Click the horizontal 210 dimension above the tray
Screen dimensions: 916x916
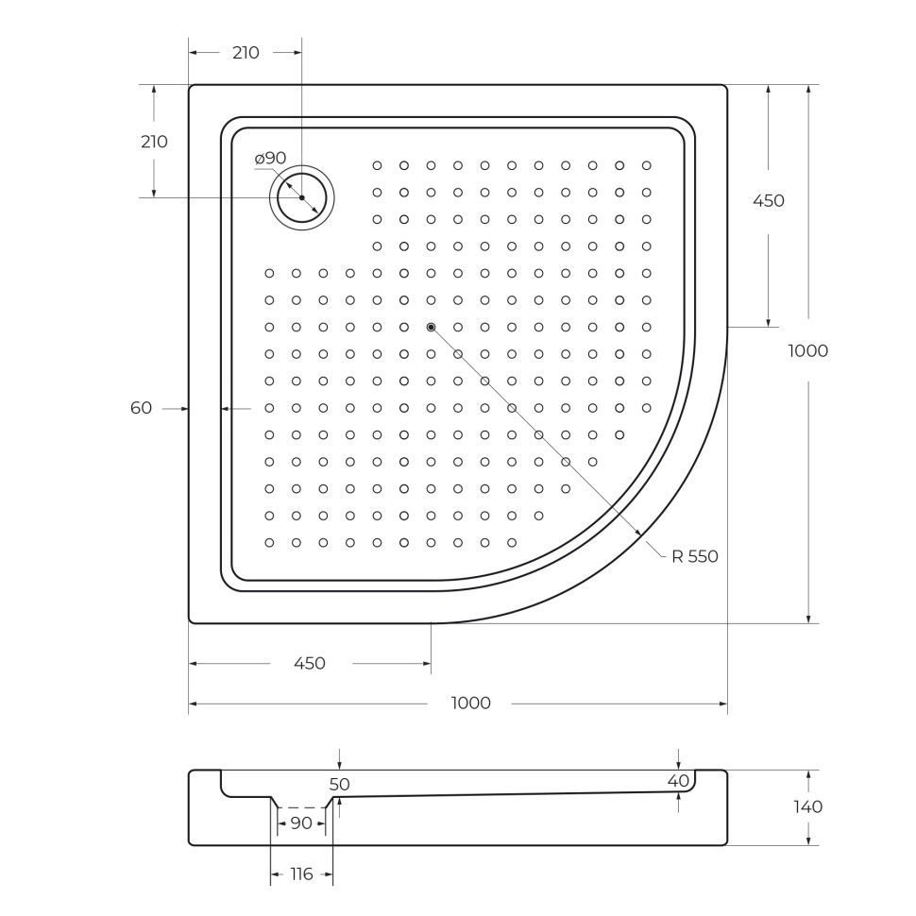246,53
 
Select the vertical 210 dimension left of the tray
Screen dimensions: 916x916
154,142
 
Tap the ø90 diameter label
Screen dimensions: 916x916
270,158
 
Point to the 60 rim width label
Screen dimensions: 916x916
141,408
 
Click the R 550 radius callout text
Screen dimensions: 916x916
695,556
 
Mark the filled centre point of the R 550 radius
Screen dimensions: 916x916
432,327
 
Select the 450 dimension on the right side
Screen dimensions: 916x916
768,200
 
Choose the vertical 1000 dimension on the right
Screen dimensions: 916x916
808,350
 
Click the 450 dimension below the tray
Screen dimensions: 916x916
310,663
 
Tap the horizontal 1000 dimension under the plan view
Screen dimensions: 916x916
470,703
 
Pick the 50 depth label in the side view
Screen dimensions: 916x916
339,784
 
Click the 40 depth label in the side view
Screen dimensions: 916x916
678,780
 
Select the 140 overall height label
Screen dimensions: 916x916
808,806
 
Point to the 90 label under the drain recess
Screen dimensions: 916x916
301,823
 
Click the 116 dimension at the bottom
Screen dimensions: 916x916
301,874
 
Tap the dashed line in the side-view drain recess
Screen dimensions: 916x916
301,807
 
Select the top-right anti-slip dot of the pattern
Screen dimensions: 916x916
647,165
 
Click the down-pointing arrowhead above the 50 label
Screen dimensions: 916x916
339,765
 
